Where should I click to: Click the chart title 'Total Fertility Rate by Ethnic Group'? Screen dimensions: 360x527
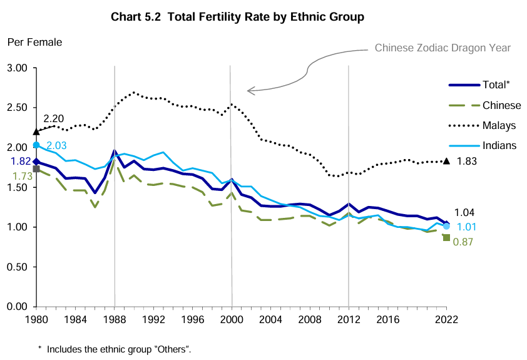coord(237,17)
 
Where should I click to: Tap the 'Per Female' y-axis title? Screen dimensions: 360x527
coord(34,43)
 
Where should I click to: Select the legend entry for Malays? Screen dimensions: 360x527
coord(499,125)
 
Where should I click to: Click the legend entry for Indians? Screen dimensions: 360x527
coord(499,145)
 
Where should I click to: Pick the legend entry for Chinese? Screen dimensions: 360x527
coord(501,105)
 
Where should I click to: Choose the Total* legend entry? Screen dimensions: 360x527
coord(496,85)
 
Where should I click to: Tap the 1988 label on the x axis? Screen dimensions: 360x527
coord(115,318)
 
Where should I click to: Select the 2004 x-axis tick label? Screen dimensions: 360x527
coord(271,318)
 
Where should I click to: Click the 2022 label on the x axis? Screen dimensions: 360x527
coord(446,318)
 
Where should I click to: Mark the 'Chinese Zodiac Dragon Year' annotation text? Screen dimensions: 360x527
coord(443,48)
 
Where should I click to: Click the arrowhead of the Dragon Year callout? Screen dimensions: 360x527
coord(250,91)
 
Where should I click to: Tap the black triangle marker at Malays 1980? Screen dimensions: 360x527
coord(36,131)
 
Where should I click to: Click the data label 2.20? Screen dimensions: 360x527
coord(54,118)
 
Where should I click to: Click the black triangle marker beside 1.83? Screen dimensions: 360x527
coord(446,161)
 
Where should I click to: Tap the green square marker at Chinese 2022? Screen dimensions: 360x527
coord(446,237)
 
